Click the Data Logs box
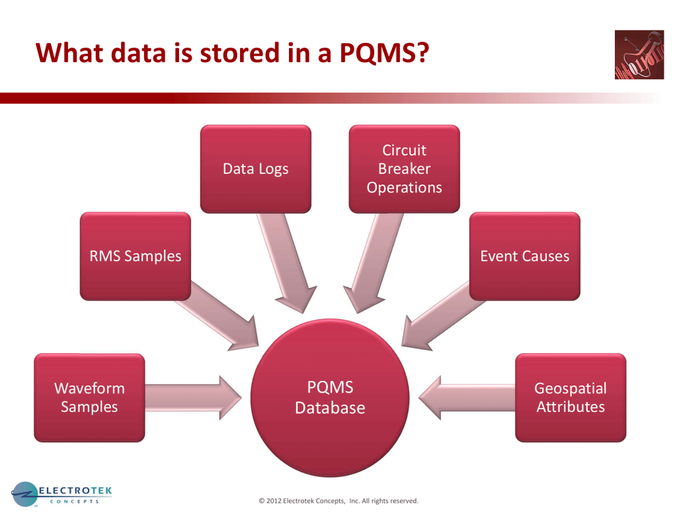[x=255, y=169]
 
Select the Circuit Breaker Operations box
[x=404, y=169]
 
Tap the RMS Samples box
[x=135, y=256]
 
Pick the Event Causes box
[x=524, y=256]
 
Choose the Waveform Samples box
[x=89, y=397]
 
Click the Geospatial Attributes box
[x=570, y=397]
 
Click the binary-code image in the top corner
[x=639, y=55]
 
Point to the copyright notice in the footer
[x=338, y=501]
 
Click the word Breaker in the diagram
[x=404, y=169]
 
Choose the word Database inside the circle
[x=330, y=407]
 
